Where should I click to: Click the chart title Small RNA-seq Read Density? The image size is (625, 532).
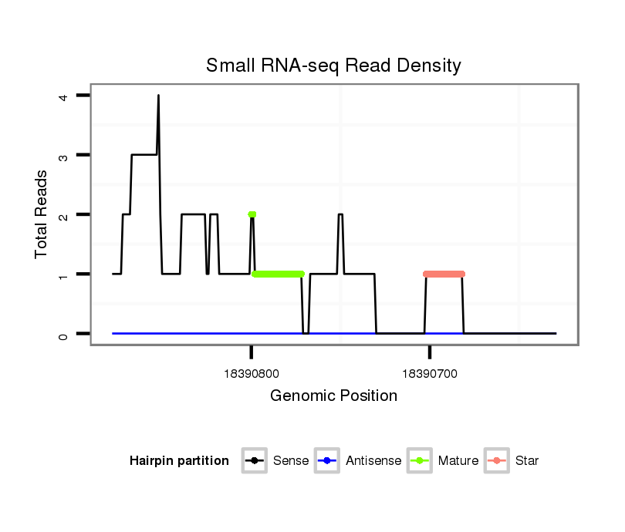click(333, 66)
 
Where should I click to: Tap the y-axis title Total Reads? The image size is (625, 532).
click(42, 214)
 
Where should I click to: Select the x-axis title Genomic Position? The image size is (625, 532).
click(333, 396)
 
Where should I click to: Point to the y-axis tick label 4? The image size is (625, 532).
click(63, 96)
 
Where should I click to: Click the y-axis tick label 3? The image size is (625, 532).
click(63, 155)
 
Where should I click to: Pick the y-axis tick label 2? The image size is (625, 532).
click(63, 214)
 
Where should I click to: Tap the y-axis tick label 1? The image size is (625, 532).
click(63, 274)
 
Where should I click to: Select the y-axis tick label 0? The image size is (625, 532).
click(63, 334)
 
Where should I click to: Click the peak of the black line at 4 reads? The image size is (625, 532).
click(158, 96)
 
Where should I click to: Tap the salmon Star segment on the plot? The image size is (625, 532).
click(444, 274)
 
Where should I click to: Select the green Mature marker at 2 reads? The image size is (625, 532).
click(252, 214)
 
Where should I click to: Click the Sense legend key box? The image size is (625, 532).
click(254, 461)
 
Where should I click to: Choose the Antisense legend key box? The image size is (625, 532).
click(326, 461)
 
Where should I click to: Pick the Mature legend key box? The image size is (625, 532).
click(419, 461)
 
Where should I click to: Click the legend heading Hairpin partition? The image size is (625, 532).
click(179, 461)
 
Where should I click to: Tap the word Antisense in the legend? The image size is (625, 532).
click(373, 461)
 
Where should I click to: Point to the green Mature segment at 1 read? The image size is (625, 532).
click(278, 274)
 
